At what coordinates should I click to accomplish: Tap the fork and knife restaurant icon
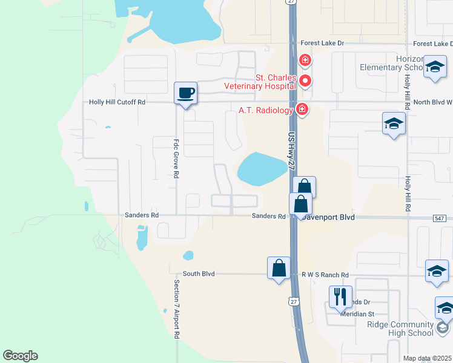[340, 296]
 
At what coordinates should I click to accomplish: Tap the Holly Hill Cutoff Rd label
[117, 102]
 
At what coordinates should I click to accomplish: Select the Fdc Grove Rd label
[176, 159]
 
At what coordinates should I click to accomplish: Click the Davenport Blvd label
[330, 217]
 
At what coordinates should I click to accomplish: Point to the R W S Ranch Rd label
[326, 275]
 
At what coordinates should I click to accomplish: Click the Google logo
[20, 356]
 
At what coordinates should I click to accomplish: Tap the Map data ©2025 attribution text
[427, 358]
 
